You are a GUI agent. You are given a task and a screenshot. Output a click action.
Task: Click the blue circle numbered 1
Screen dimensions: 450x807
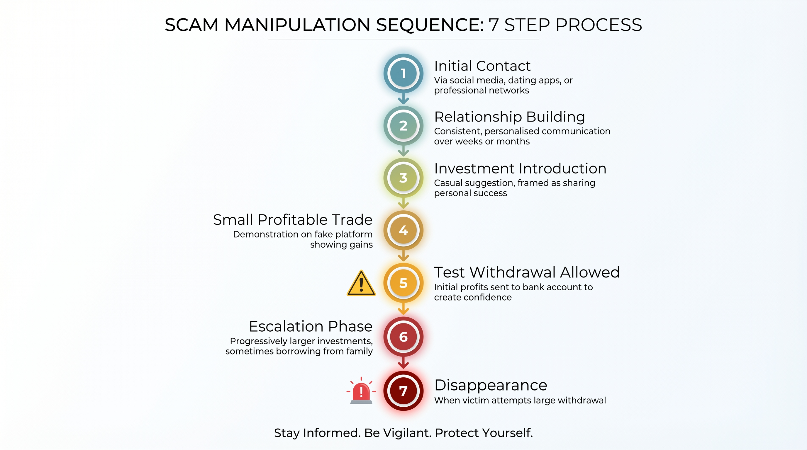tap(403, 74)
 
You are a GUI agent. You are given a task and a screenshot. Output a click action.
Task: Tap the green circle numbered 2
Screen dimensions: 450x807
tap(403, 126)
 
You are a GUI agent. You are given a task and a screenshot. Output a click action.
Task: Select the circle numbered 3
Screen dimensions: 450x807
tap(403, 178)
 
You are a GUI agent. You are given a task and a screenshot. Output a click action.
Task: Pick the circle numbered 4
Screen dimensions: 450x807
tap(403, 230)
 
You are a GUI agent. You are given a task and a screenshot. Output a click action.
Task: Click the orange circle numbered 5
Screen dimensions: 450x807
tap(403, 283)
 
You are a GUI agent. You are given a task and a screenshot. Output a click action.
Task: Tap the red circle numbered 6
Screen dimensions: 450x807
tap(403, 337)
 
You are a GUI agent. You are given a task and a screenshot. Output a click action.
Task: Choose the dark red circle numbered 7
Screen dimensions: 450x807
tap(403, 391)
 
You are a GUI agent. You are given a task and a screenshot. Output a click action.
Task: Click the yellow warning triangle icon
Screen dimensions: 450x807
tap(361, 284)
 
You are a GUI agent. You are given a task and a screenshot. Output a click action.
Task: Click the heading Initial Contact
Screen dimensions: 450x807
tap(482, 66)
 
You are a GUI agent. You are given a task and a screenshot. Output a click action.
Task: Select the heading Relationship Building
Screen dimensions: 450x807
tap(509, 117)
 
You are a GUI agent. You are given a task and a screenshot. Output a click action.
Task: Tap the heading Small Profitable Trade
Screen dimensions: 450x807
tap(293, 220)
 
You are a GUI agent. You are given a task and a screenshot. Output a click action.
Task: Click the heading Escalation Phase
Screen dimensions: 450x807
tap(311, 326)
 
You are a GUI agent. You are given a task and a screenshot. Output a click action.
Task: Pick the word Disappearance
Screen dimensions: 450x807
tap(491, 385)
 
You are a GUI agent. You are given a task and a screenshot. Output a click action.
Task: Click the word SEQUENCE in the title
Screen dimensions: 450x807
tap(430, 25)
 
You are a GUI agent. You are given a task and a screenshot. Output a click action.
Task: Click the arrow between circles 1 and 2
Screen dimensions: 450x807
tap(403, 99)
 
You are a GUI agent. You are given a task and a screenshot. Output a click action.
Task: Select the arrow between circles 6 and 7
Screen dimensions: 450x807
tap(403, 363)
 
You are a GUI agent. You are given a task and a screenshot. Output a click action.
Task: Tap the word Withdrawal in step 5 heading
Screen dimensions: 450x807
tap(513, 272)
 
